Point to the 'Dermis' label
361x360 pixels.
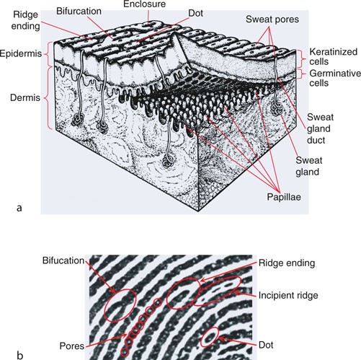27,94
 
